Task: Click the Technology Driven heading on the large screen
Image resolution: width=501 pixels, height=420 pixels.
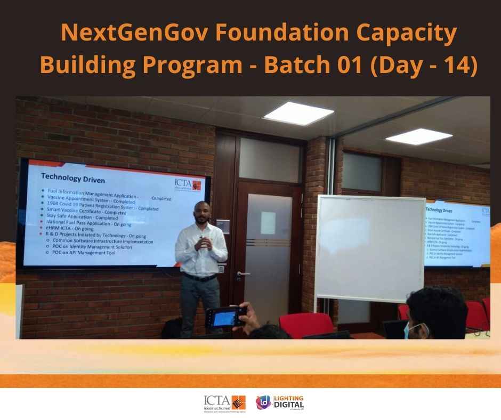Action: point(72,180)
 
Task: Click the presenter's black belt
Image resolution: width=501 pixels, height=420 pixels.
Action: point(200,278)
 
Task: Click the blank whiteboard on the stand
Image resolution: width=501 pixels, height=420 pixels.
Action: point(371,248)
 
